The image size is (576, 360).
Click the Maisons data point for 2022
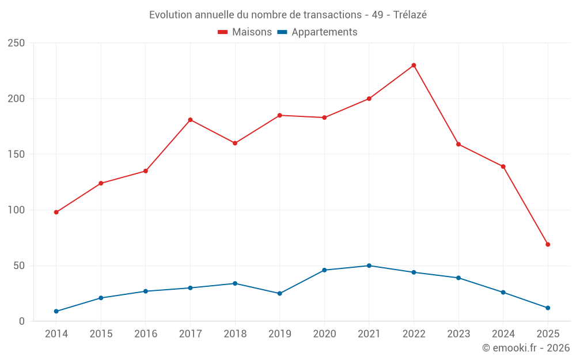tap(414, 65)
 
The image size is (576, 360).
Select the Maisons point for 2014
tap(56, 212)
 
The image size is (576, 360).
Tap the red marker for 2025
tap(548, 244)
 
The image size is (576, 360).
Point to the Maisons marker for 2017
tap(190, 120)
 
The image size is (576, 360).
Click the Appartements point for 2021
tap(369, 266)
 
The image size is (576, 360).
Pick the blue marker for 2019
tap(280, 293)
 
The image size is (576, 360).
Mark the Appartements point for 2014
tap(56, 311)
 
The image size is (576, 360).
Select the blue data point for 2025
tap(548, 308)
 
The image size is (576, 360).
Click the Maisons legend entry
tap(245, 32)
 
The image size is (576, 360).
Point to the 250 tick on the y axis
tap(17, 43)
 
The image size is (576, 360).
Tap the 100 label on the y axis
tap(17, 210)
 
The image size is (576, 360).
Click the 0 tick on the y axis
tap(22, 321)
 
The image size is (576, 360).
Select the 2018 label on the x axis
tap(235, 334)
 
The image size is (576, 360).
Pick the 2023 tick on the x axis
tap(458, 334)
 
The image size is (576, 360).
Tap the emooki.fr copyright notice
tap(526, 348)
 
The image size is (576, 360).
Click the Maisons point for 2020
tap(324, 118)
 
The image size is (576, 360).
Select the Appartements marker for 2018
tap(235, 283)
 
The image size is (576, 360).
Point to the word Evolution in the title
tap(170, 15)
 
